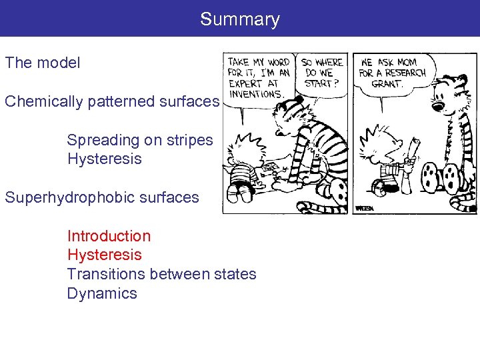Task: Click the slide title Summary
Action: click(239, 19)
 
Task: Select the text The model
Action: click(43, 63)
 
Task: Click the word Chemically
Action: click(41, 101)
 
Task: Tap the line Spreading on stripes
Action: click(139, 140)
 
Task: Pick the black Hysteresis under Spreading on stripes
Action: click(104, 159)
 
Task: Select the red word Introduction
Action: click(109, 236)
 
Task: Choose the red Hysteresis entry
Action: click(104, 255)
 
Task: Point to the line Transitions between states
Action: click(161, 274)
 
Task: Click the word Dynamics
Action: click(101, 293)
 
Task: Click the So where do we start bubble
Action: click(321, 73)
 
